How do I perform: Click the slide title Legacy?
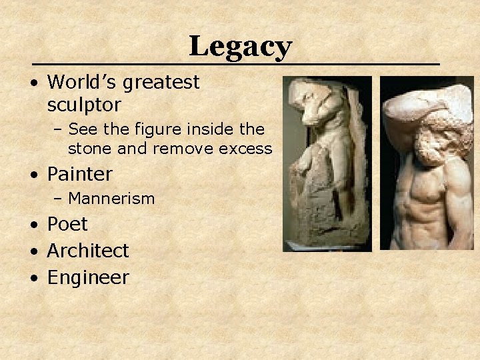pos(240,47)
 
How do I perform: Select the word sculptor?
pos(84,105)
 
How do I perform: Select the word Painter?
pos(80,174)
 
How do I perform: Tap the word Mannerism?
pos(111,198)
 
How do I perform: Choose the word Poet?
pos(67,225)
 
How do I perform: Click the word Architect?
pos(88,251)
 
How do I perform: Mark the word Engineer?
pos(88,278)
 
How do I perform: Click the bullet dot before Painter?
pos(33,175)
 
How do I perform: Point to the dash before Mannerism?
pos(59,199)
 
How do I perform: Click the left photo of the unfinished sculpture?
pos(327,163)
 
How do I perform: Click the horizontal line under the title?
pos(240,64)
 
